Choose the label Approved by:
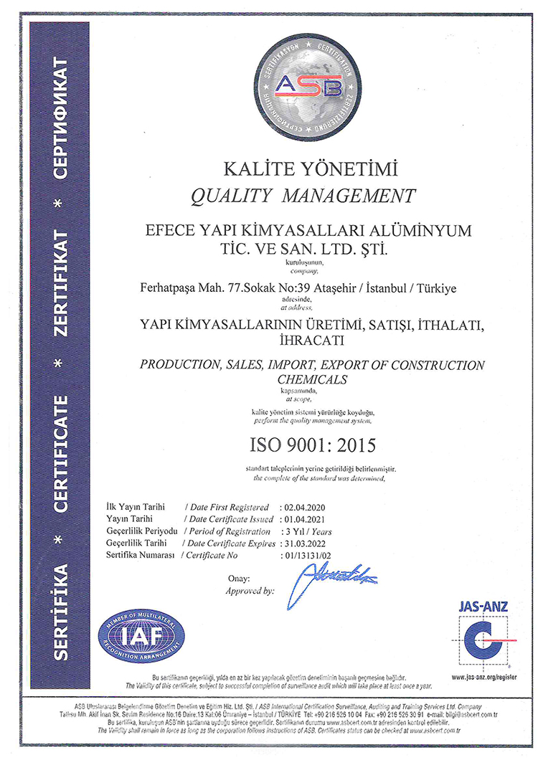point(250,591)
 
